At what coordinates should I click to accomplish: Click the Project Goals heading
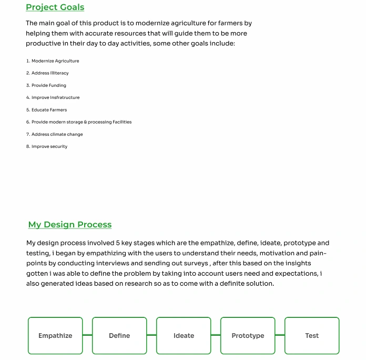[x=55, y=7]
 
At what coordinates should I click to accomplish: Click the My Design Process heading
[x=70, y=225]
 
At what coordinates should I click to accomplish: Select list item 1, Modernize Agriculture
[x=53, y=61]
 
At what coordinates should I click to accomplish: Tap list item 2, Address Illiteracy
[x=47, y=73]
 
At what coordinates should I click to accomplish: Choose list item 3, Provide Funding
[x=46, y=85]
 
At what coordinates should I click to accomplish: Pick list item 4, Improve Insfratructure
[x=53, y=97]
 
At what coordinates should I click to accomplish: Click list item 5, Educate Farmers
[x=47, y=110]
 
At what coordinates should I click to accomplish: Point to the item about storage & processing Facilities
[x=79, y=122]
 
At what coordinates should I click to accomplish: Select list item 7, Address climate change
[x=55, y=134]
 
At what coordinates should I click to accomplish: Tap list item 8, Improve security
[x=47, y=146]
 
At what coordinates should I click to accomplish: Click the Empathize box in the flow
[x=55, y=335]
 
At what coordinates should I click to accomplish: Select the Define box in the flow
[x=119, y=335]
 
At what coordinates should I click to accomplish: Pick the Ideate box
[x=184, y=335]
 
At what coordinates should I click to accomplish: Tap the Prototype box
[x=248, y=335]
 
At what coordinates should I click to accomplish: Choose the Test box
[x=312, y=335]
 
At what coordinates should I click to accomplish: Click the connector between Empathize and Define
[x=87, y=335]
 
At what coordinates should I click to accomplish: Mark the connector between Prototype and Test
[x=280, y=335]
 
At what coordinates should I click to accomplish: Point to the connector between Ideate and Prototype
[x=216, y=335]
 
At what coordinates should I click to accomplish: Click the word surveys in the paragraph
[x=196, y=263]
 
